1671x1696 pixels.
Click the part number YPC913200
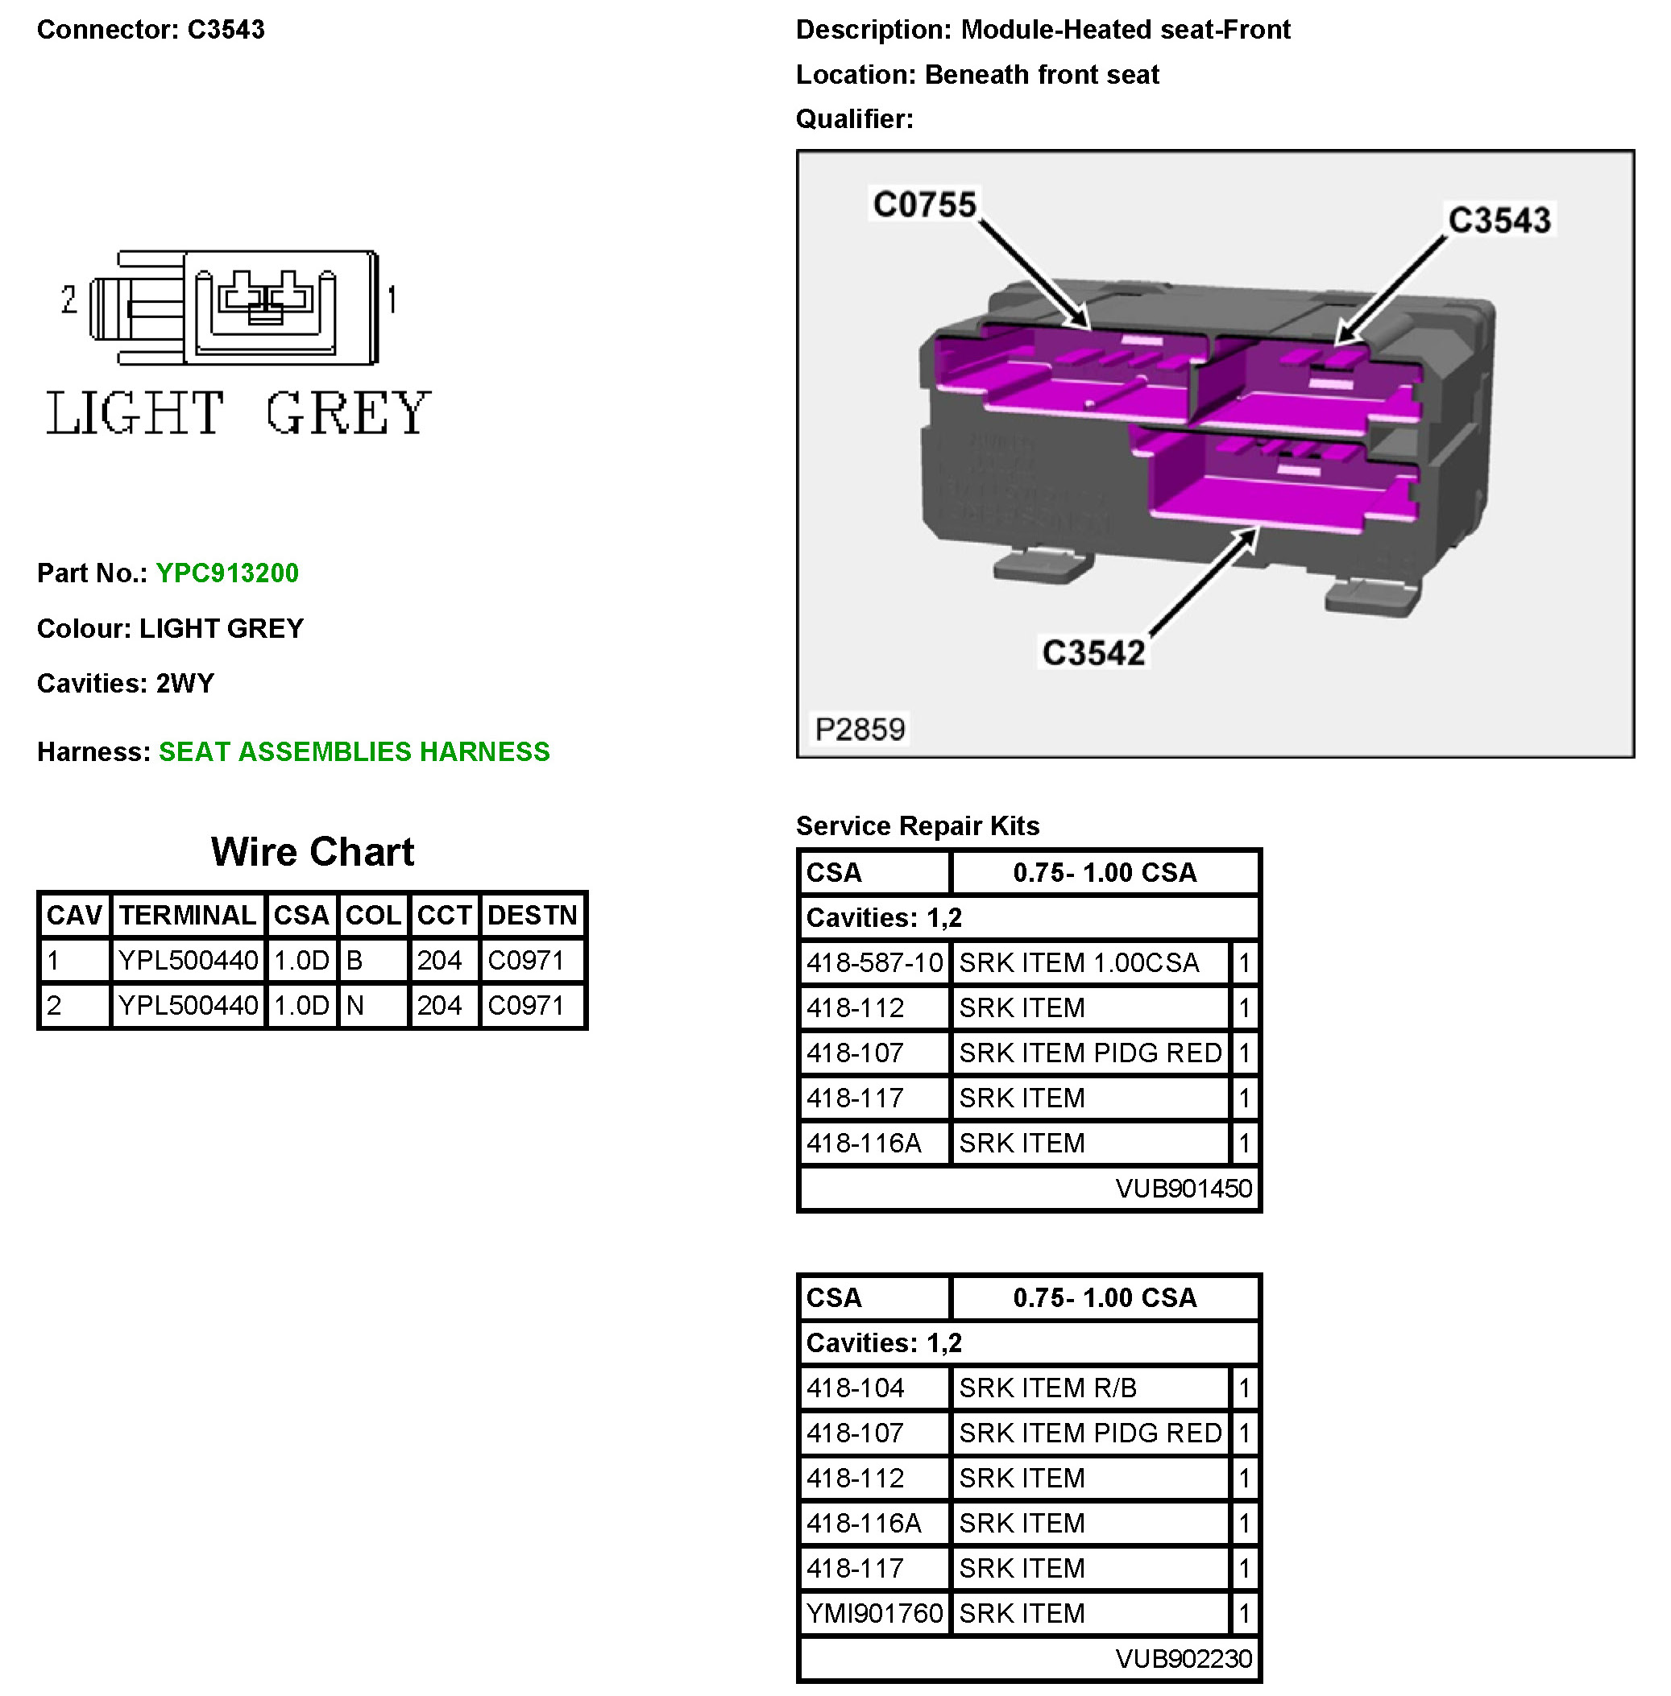tap(226, 573)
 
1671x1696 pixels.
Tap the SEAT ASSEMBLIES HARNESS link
tap(354, 751)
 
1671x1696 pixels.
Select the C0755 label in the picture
tap(923, 204)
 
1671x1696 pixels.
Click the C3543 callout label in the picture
tap(1499, 219)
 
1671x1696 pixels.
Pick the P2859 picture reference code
tap(859, 728)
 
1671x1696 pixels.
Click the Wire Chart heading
tap(312, 851)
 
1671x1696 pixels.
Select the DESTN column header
tap(532, 915)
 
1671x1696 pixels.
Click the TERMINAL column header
tap(187, 915)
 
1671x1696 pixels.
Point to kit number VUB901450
tap(1183, 1188)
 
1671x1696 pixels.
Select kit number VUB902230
tap(1183, 1658)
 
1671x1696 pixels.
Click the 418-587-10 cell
tap(874, 962)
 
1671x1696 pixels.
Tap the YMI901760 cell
tap(874, 1612)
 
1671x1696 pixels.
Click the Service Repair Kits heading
tap(917, 825)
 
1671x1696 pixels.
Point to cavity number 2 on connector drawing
tap(69, 300)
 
